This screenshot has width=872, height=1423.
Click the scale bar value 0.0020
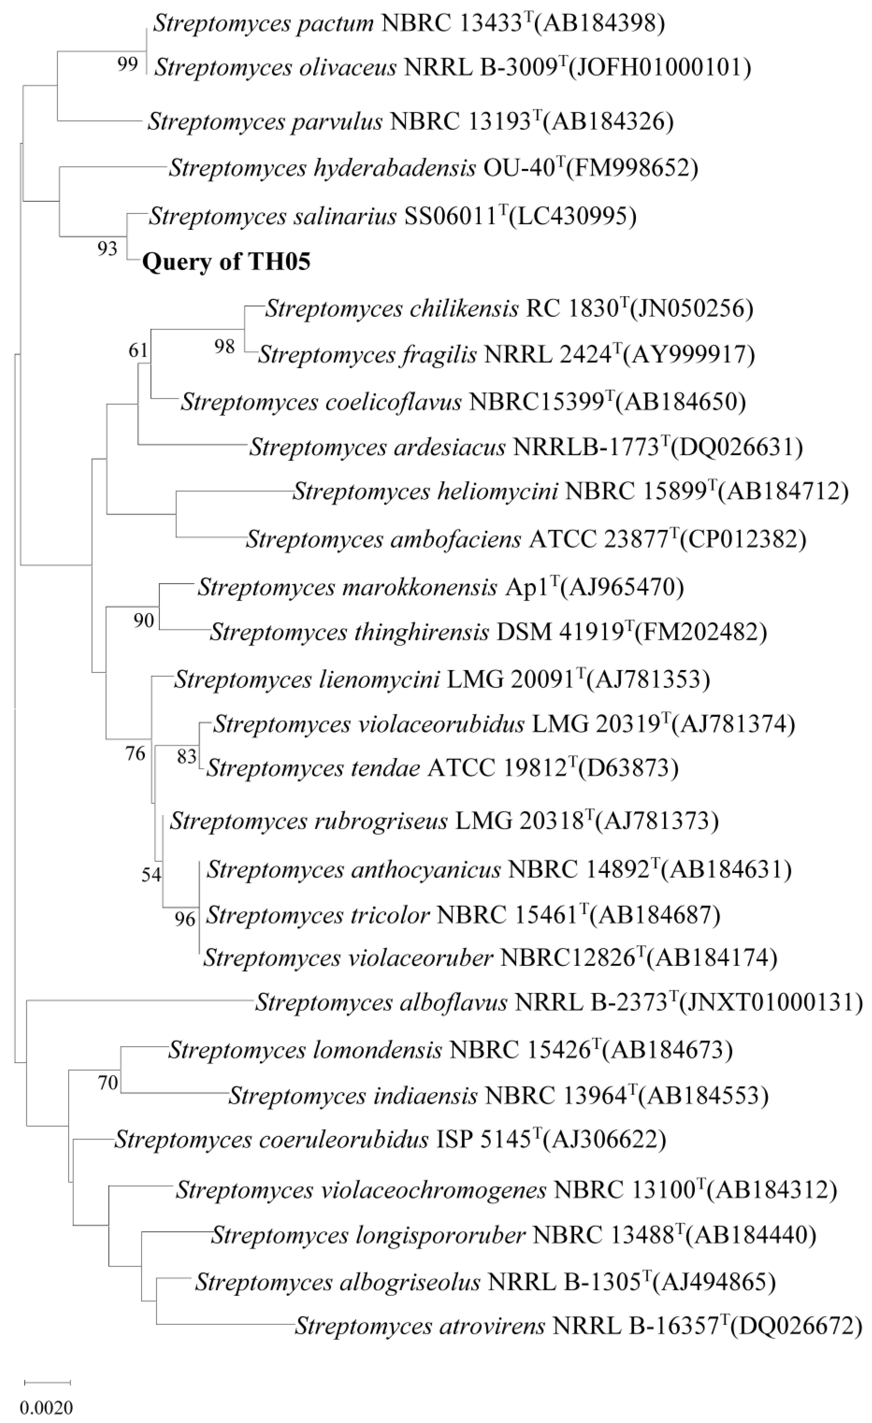tap(47, 1408)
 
